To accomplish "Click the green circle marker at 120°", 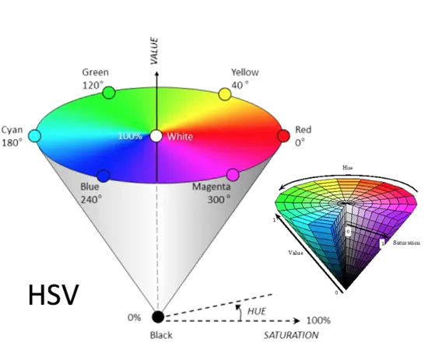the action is [108, 93].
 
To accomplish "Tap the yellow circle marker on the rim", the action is [225, 94].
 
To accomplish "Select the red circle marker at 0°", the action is [283, 136].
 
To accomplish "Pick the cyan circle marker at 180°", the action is [34, 136].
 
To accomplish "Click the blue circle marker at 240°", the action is [104, 176].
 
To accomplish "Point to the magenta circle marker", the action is [233, 175].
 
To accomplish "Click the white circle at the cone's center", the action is [156, 136].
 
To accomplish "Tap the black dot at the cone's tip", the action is [158, 317].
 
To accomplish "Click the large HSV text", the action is [54, 295].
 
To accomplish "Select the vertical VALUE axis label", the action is [154, 51].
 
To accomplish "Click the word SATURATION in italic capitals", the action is [291, 335].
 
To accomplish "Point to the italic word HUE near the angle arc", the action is [257, 311].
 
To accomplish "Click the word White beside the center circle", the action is [180, 137].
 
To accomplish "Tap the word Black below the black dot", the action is [161, 335].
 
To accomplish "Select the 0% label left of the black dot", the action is [134, 317].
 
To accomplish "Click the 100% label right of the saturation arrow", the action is [318, 320].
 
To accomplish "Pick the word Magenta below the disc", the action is [211, 187].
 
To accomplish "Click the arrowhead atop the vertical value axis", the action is [156, 74].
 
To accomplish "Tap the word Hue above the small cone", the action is [347, 168].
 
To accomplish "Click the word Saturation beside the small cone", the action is [406, 243].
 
